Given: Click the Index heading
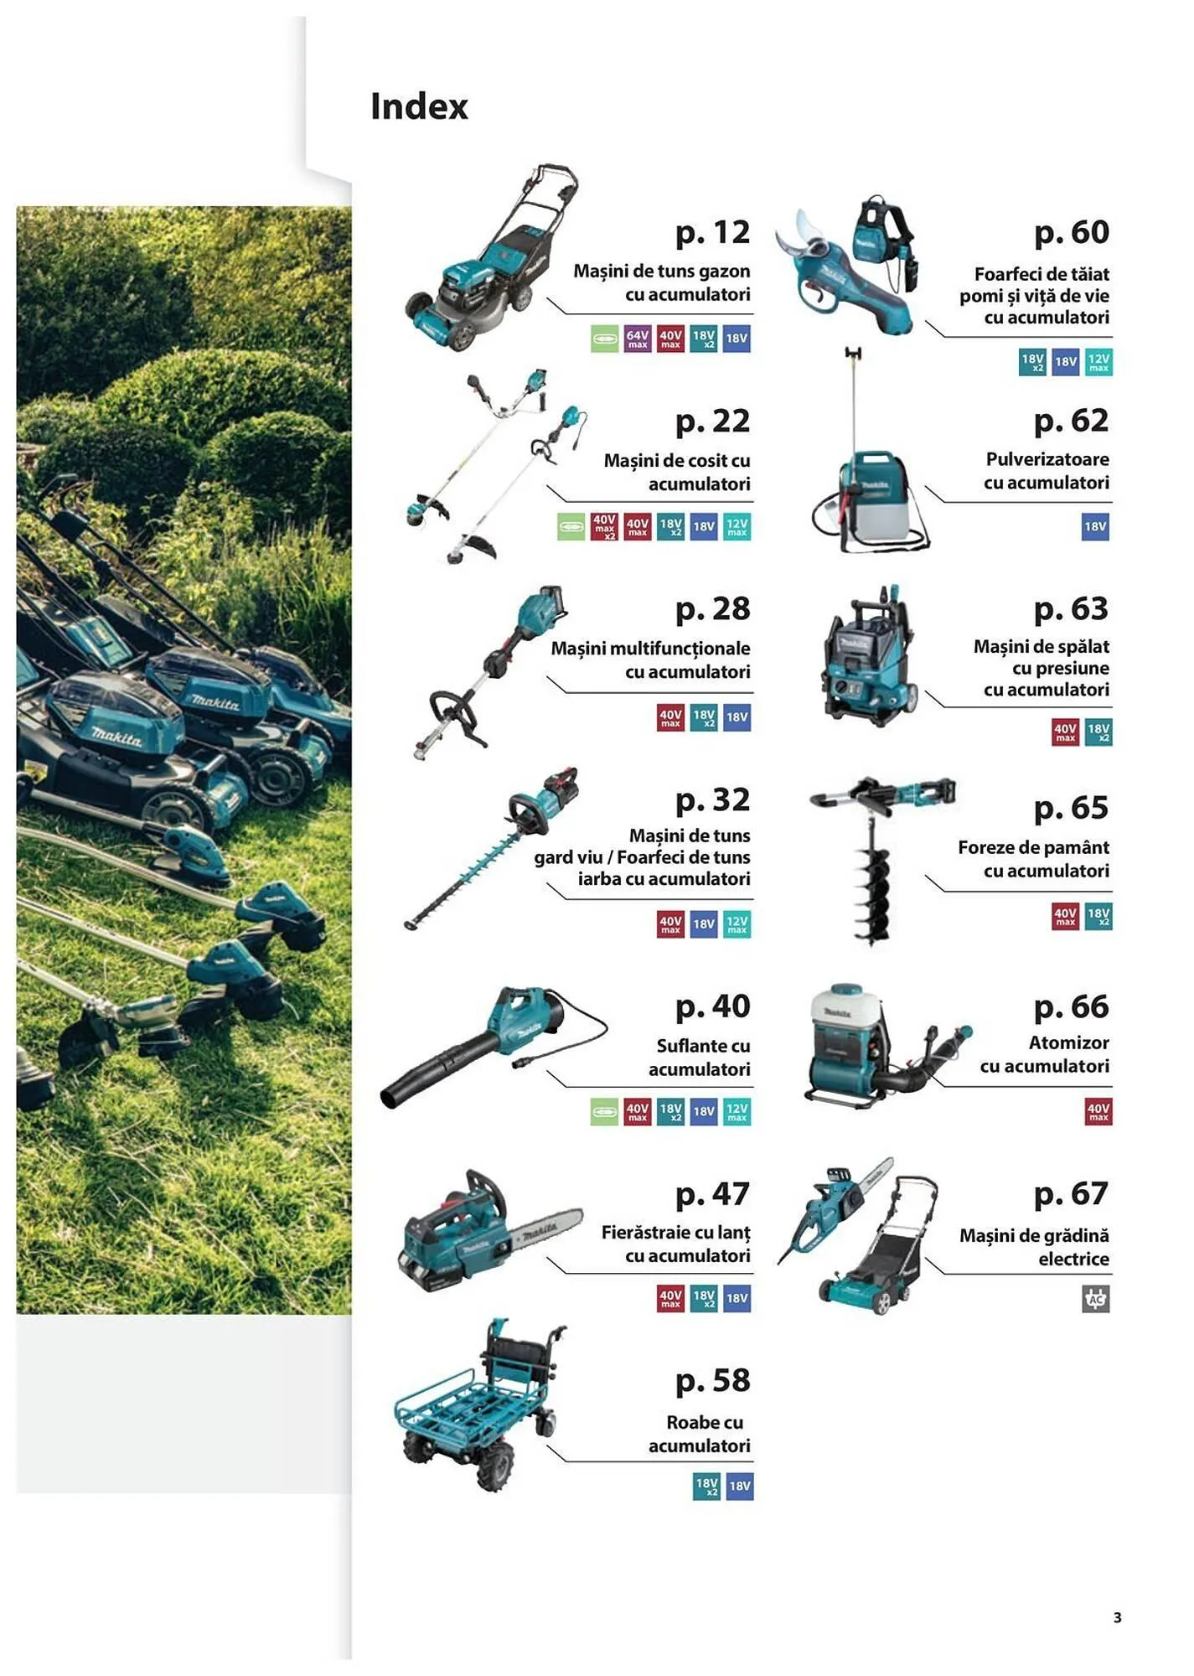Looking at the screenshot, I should point(419,106).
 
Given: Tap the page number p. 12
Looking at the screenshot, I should point(712,233).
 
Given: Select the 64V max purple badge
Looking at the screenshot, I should point(637,339).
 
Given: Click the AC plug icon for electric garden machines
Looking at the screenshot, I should point(1095,1299).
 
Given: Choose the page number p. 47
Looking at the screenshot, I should point(712,1194).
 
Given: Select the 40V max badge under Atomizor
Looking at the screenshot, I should point(1098,1112).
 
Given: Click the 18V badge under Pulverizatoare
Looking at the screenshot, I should point(1095,527).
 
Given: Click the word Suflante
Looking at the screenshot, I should point(680,1046).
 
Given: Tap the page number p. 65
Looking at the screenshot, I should point(1071,808).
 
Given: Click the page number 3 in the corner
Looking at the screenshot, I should point(1117,1618).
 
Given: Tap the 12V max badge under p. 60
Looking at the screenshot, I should point(1098,362).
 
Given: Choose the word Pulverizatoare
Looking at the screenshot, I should point(1047,459).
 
